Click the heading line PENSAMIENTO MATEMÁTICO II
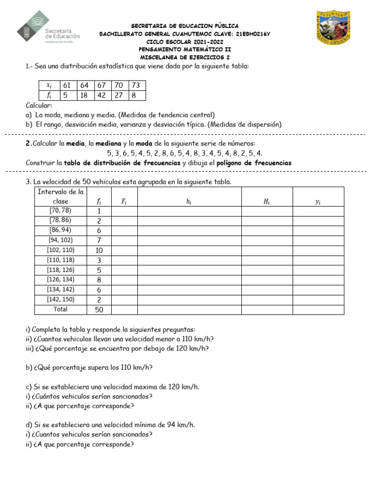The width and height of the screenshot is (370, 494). click(185, 49)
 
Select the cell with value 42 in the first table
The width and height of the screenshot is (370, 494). click(102, 95)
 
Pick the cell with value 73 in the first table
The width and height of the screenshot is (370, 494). click(136, 85)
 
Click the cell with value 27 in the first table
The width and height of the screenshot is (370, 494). click(119, 95)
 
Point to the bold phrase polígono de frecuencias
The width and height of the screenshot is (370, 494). click(254, 163)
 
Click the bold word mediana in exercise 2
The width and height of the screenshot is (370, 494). click(108, 144)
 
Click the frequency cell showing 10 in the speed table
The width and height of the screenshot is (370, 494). click(99, 250)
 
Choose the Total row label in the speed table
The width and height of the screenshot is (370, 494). click(61, 309)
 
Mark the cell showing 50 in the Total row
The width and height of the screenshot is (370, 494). click(99, 309)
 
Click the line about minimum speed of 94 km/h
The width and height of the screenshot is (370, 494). click(110, 425)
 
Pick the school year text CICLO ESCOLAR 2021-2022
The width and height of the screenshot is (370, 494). click(185, 41)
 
